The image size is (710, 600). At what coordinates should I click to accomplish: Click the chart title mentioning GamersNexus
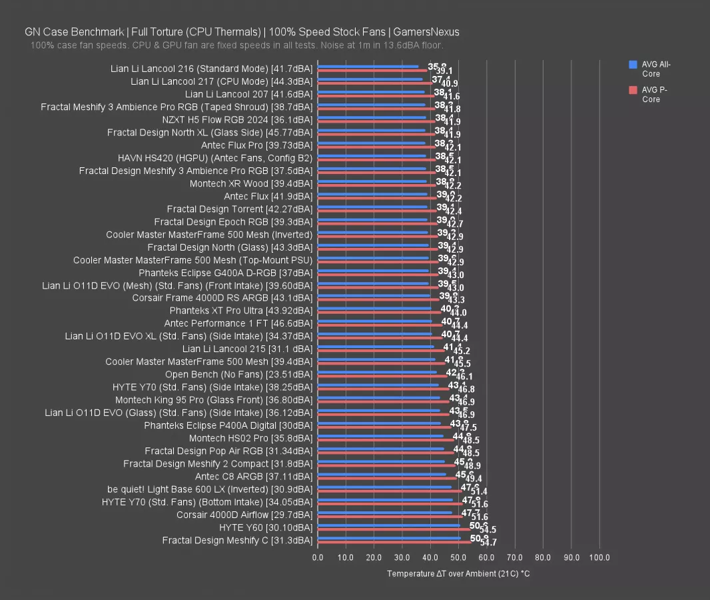pos(242,31)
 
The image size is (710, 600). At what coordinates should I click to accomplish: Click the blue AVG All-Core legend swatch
pos(633,65)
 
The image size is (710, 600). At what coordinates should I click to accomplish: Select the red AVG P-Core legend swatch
pos(633,90)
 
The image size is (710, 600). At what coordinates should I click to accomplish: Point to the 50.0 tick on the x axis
pos(458,557)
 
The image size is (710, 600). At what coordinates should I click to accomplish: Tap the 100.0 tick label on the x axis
pos(599,557)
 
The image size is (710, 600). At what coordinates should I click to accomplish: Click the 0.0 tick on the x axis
pos(318,557)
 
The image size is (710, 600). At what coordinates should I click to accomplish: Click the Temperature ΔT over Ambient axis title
pos(458,574)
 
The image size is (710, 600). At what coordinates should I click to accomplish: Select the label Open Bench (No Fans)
pos(238,375)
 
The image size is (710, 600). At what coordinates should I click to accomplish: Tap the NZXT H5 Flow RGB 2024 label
pos(236,120)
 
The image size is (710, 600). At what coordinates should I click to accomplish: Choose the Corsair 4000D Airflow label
pos(244,515)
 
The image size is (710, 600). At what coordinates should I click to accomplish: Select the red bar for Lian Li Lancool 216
pos(372,70)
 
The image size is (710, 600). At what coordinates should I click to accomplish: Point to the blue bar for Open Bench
pos(377,373)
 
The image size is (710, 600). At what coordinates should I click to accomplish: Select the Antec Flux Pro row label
pos(256,145)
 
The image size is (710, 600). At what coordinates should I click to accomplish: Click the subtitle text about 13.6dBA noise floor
pos(236,45)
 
